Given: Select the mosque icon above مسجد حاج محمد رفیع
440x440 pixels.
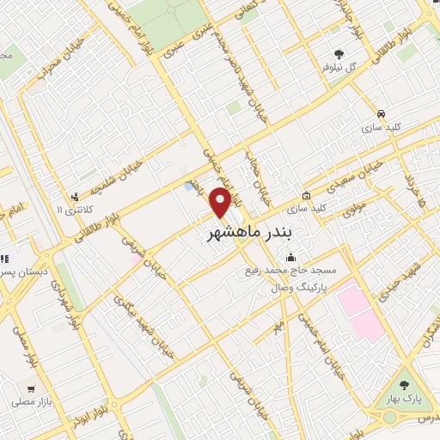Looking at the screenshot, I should click(x=290, y=257).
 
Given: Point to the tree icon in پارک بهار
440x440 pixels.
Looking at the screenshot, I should click(x=404, y=376).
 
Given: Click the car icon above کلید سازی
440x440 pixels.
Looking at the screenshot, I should click(x=379, y=113).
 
